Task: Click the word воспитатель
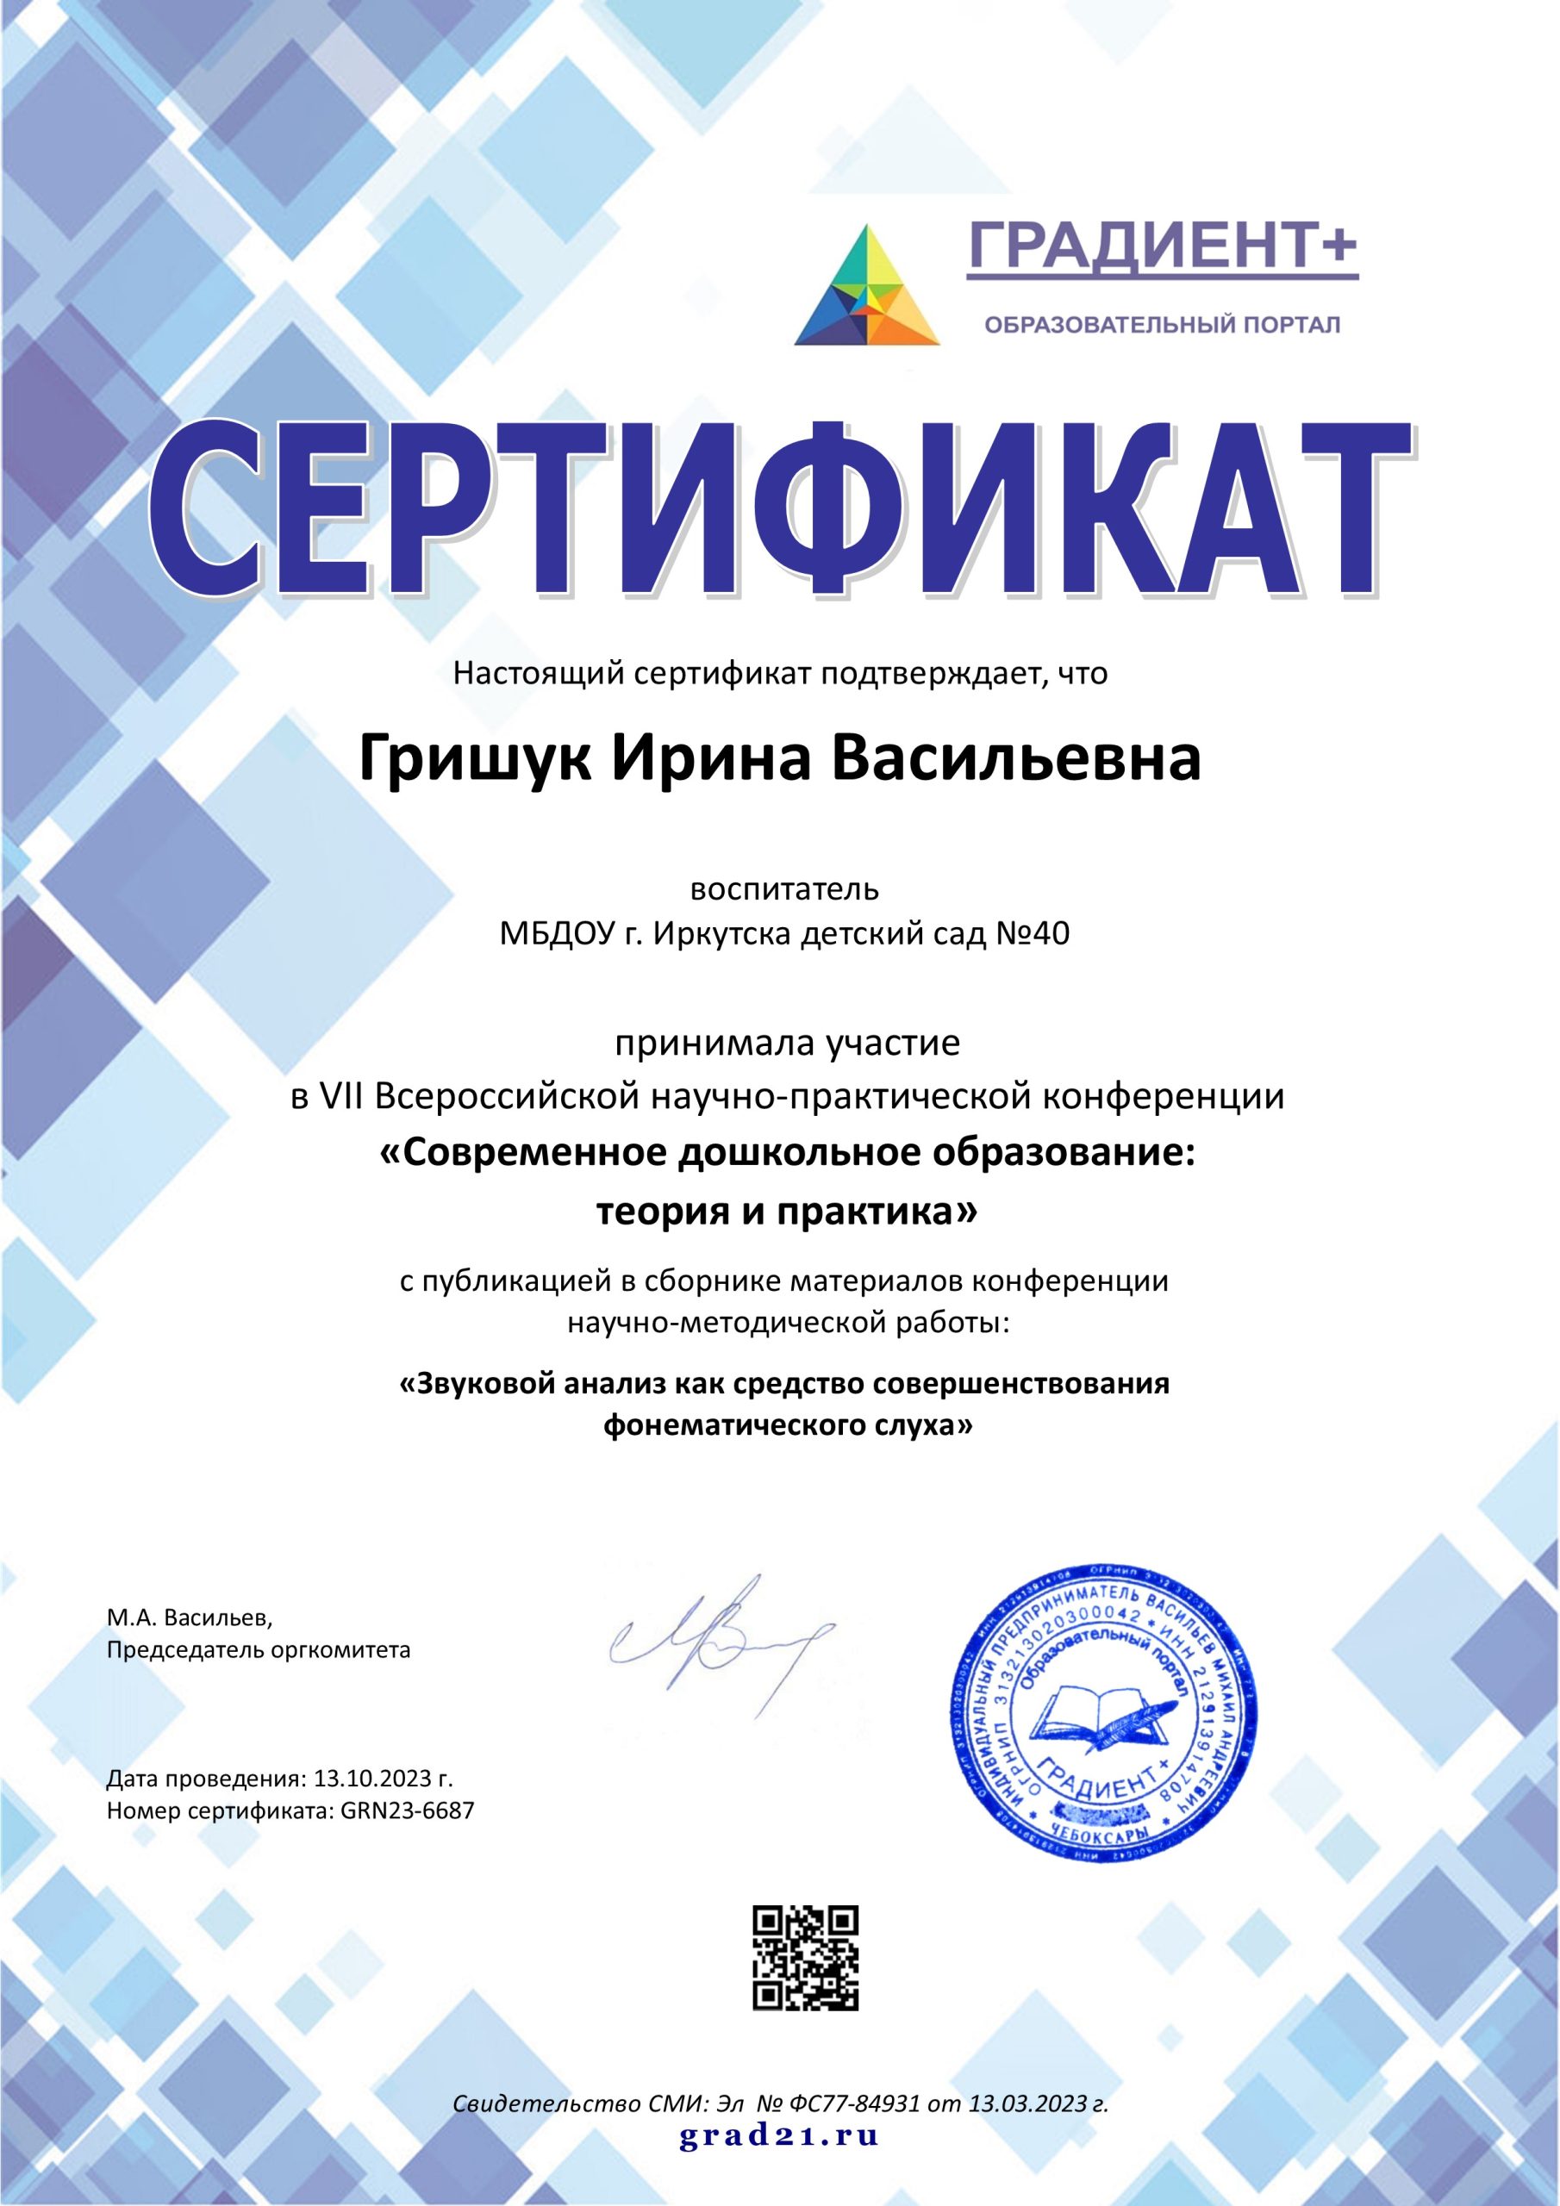[785, 888]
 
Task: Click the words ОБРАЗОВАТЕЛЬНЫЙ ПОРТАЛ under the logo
[1162, 326]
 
